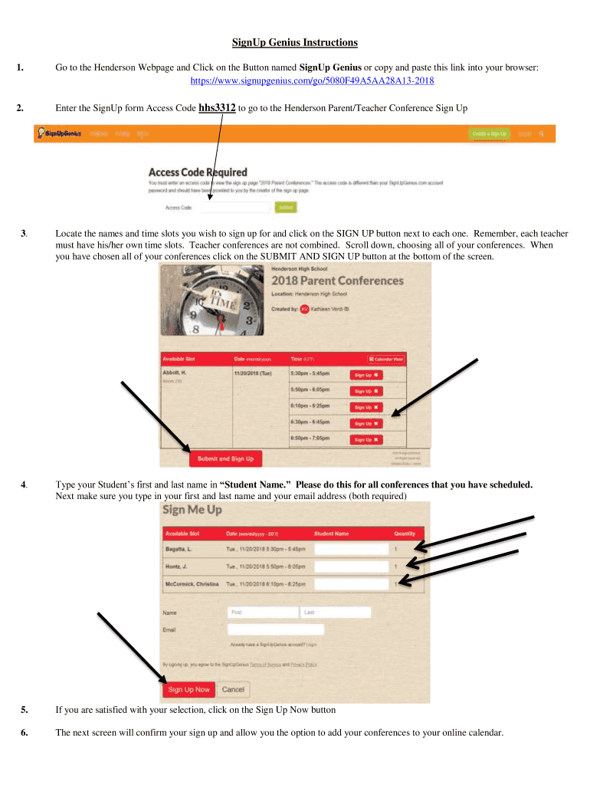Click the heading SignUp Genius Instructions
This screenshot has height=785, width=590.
(x=295, y=42)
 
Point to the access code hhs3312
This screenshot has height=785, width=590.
(x=216, y=108)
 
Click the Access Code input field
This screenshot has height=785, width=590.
(x=237, y=207)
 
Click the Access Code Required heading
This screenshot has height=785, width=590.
(x=197, y=172)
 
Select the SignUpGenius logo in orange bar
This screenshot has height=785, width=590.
(x=58, y=133)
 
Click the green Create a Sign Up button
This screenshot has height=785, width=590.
(x=489, y=133)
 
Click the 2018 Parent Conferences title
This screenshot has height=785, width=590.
(x=337, y=281)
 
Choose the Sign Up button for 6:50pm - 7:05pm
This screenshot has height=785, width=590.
(x=366, y=439)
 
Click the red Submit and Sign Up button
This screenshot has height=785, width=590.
(x=225, y=458)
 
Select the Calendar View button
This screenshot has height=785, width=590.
(x=385, y=359)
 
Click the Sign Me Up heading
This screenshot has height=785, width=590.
(x=192, y=511)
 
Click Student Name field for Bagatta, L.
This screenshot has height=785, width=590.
(x=352, y=549)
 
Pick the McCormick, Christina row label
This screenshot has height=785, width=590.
(x=192, y=584)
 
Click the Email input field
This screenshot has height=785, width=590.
(x=275, y=629)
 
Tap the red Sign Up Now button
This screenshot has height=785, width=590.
(x=188, y=689)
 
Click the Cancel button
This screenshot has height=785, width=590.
(x=233, y=689)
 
